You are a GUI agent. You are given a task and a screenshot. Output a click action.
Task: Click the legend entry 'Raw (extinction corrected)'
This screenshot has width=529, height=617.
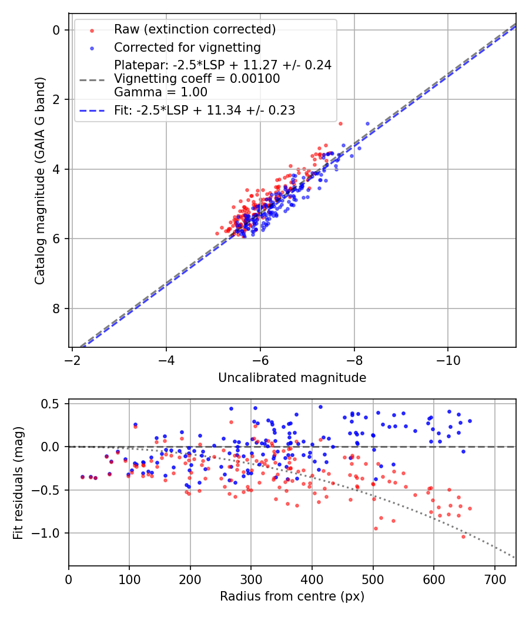[x=195, y=29]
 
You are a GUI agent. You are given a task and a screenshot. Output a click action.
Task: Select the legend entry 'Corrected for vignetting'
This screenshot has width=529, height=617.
[x=187, y=47]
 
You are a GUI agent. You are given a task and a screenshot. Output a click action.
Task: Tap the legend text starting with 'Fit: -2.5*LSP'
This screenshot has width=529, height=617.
[x=205, y=110]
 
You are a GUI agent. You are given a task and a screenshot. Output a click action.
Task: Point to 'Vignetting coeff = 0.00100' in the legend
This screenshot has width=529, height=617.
[x=197, y=79]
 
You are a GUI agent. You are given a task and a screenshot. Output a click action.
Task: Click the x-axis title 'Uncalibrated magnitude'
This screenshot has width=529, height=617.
[x=292, y=378]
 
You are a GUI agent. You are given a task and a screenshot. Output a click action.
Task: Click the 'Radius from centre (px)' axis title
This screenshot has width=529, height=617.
[x=292, y=596]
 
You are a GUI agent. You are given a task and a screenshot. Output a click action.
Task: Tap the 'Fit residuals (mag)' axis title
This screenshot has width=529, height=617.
[x=18, y=483]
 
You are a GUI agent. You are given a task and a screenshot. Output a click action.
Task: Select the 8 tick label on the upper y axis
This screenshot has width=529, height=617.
[x=56, y=308]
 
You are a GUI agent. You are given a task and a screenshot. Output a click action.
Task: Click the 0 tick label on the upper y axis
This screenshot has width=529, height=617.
[x=56, y=30]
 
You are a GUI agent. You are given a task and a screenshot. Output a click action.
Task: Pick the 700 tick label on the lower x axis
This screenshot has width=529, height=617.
[x=494, y=581]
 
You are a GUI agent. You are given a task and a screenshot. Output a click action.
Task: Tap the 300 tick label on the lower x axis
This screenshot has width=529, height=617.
[x=251, y=581]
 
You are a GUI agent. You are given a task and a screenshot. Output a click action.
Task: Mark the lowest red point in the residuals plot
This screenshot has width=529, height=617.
[x=463, y=536]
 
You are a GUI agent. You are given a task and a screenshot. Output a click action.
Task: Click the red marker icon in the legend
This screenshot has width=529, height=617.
[x=91, y=29]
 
